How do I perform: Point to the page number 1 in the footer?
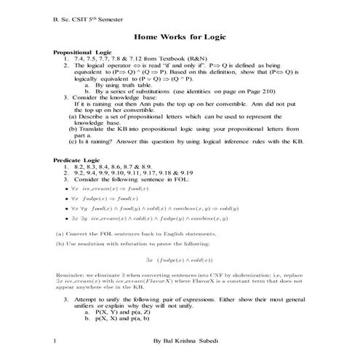[55, 340]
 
